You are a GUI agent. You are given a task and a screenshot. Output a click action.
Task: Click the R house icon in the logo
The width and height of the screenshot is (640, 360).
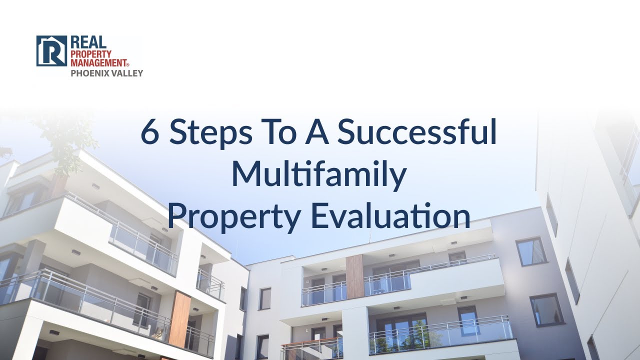51,50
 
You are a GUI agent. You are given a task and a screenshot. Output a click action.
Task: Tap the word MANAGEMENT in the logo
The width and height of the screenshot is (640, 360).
99,62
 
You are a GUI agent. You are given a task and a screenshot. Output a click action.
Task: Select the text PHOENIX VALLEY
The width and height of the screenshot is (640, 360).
106,73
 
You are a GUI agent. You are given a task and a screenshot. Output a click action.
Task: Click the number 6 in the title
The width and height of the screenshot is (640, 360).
150,132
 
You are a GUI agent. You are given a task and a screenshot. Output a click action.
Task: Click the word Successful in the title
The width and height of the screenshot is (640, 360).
417,132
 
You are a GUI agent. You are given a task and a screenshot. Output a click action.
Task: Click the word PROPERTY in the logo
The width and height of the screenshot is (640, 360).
91,53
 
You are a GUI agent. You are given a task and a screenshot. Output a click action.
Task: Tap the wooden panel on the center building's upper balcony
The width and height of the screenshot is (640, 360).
354,276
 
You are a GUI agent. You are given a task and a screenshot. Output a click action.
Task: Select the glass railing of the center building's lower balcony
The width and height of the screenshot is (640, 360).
440,334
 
